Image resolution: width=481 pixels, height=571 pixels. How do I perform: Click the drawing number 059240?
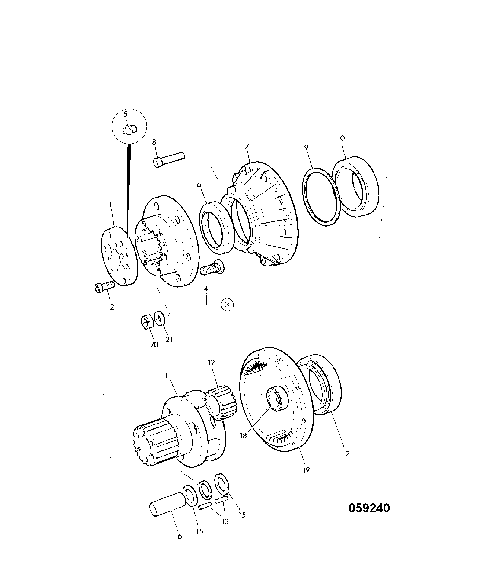coord(369,508)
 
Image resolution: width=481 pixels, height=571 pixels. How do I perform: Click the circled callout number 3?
coord(227,304)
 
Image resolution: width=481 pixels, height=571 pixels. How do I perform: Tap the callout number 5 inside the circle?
coord(126,114)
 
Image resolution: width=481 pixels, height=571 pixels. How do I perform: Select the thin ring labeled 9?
coord(321,196)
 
